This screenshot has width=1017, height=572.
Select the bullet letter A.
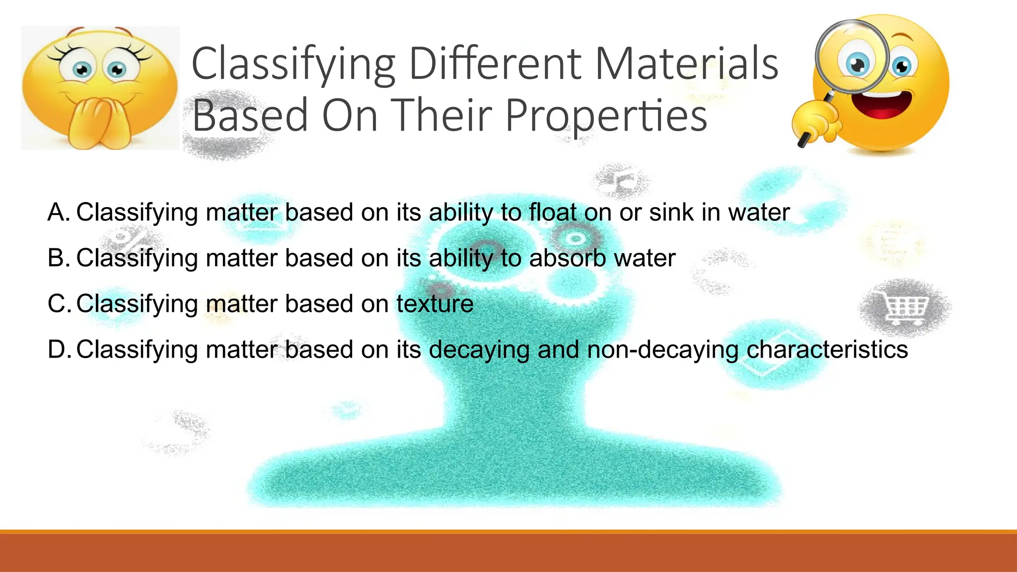58,213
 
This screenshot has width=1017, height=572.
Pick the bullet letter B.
58,258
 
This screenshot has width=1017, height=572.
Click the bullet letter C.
58,304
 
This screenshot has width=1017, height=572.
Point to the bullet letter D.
58,350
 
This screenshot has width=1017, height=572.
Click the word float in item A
553,213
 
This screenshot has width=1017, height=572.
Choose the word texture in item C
435,304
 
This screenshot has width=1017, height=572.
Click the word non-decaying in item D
663,350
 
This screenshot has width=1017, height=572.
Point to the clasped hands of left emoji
99,122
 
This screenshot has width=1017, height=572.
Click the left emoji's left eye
82,70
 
